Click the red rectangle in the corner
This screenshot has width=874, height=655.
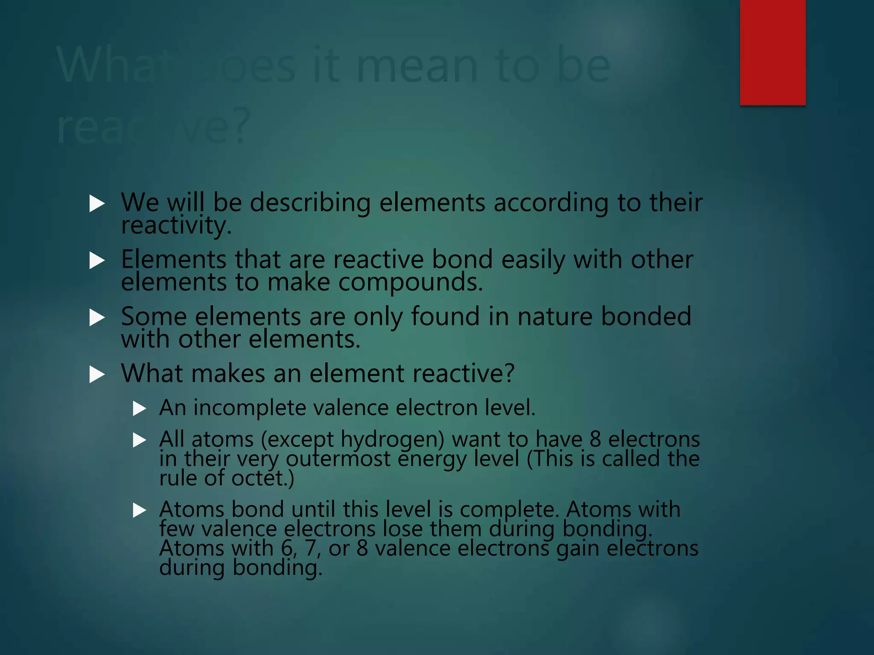[x=772, y=52]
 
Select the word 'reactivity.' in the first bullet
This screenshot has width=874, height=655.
[x=176, y=225]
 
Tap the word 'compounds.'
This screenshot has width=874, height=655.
[x=411, y=282]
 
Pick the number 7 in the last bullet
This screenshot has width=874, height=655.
[x=311, y=548]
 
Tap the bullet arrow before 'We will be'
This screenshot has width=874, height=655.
[x=97, y=204]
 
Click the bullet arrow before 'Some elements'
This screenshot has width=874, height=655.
[x=97, y=318]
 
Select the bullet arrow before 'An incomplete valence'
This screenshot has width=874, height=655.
[x=140, y=409]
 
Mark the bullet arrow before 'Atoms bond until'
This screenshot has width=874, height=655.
[x=140, y=510]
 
